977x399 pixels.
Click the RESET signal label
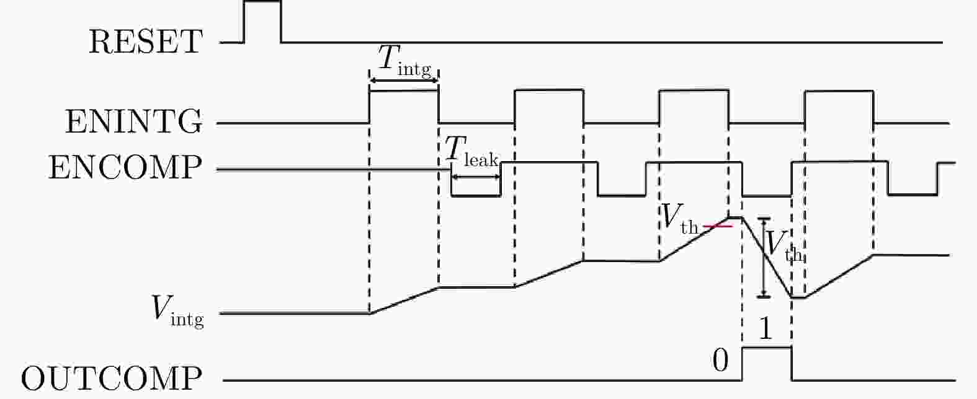[x=146, y=42]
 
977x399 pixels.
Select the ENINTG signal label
[x=134, y=121]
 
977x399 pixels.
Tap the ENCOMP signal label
[x=125, y=167]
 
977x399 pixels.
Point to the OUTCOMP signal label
[x=112, y=379]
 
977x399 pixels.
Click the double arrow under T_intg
[x=404, y=80]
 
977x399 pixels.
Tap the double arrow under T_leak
[x=476, y=177]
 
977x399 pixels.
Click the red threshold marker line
[x=718, y=226]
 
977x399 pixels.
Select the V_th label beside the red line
[x=680, y=219]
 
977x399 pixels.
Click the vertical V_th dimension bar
[x=764, y=257]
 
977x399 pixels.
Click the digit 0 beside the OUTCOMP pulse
[x=720, y=361]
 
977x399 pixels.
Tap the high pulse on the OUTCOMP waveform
[x=767, y=348]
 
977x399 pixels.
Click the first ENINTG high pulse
[x=404, y=90]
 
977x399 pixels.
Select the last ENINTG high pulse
[x=839, y=91]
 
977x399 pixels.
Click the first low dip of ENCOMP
[x=476, y=196]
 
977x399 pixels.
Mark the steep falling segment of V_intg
[x=767, y=257]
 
